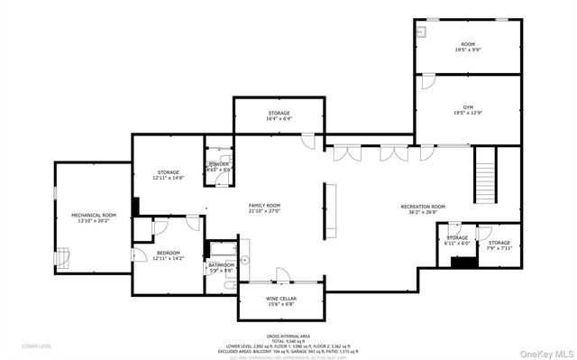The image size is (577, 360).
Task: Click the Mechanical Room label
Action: [x=95, y=217]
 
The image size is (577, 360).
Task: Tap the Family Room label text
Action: [x=265, y=208]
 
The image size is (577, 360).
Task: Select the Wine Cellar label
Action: [x=281, y=300]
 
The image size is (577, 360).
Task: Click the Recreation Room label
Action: [x=423, y=209]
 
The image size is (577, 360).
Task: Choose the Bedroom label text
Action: [x=169, y=255]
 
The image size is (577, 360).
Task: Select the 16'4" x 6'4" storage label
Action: [x=279, y=115]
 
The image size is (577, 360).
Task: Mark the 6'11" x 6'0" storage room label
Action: [x=457, y=240]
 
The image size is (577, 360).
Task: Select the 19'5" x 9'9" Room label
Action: [x=467, y=47]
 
